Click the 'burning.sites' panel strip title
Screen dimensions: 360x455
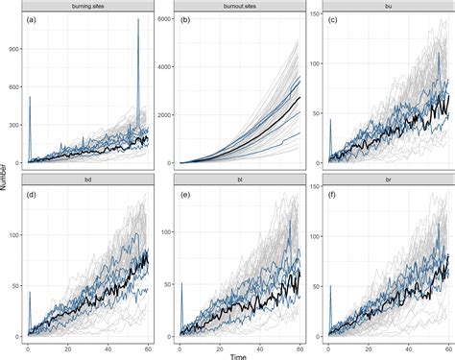pos(88,7)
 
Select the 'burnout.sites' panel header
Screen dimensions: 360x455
pos(238,7)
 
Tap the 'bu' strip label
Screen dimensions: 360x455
pos(389,7)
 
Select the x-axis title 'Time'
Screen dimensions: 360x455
pos(238,353)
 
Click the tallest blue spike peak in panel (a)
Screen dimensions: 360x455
pos(137,20)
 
